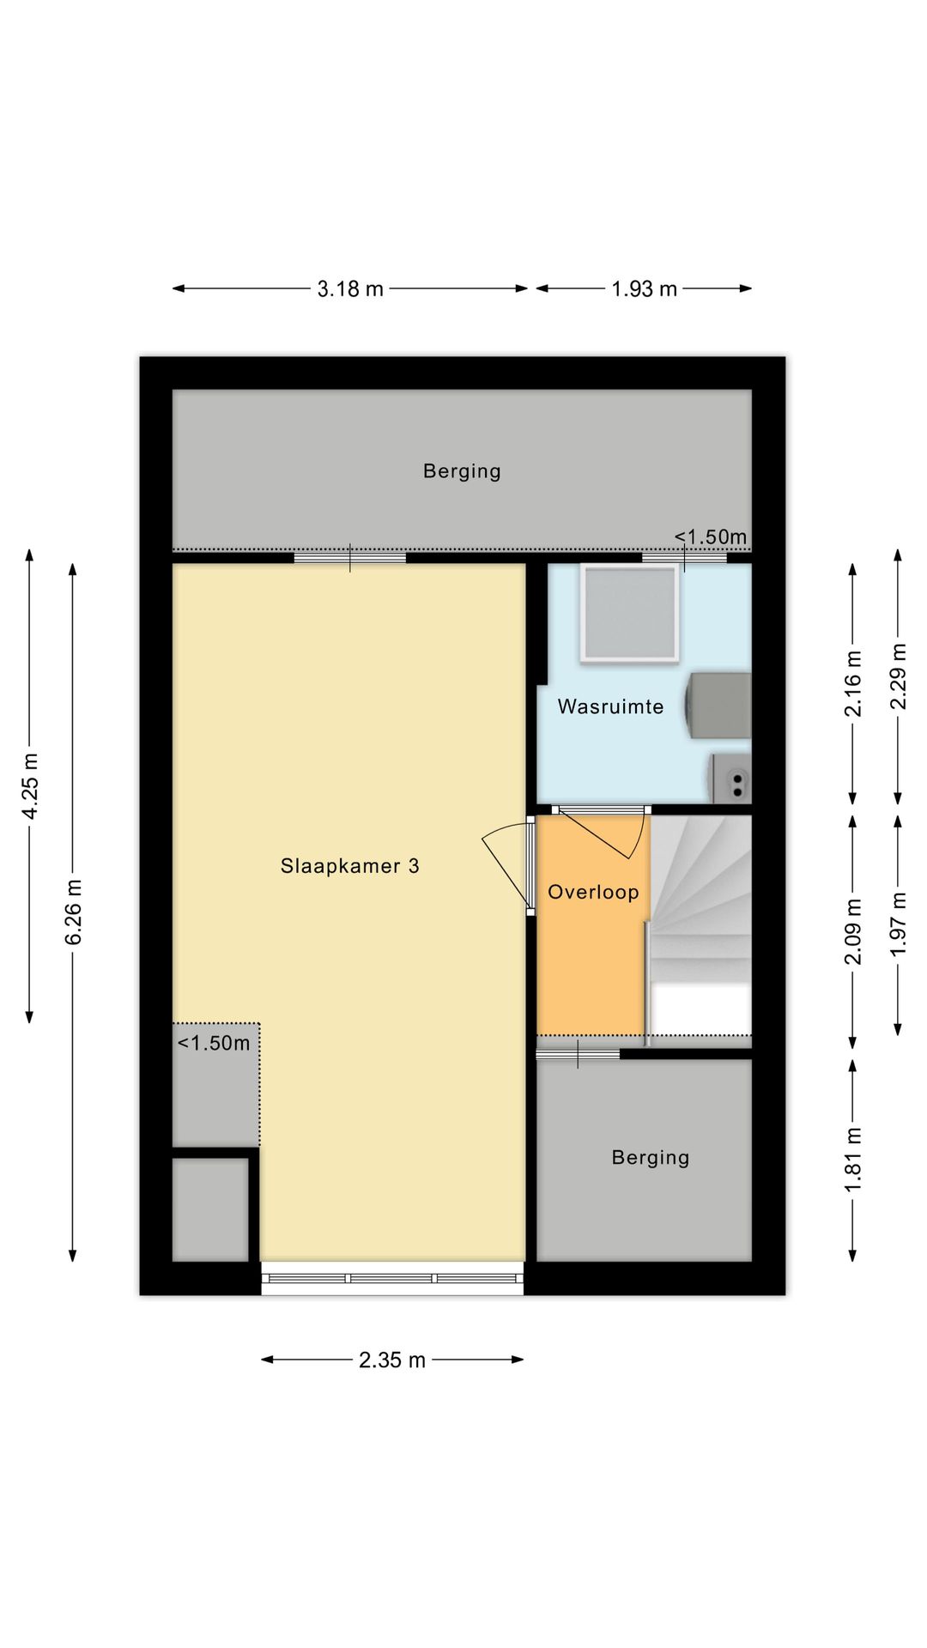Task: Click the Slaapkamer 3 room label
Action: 350,866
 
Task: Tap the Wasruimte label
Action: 610,706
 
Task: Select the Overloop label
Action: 593,892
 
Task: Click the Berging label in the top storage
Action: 462,471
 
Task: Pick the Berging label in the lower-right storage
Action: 650,1158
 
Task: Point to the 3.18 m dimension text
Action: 350,288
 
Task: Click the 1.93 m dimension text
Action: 644,288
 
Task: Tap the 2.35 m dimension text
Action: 392,1360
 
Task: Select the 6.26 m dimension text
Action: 73,912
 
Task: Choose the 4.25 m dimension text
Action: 30,786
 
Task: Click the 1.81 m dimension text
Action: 853,1160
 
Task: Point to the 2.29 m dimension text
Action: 898,676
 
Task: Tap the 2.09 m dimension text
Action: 853,931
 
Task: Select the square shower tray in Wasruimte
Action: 630,613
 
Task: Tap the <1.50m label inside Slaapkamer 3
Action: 214,1043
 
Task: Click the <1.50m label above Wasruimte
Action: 710,537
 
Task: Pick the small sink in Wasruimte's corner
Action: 730,779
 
